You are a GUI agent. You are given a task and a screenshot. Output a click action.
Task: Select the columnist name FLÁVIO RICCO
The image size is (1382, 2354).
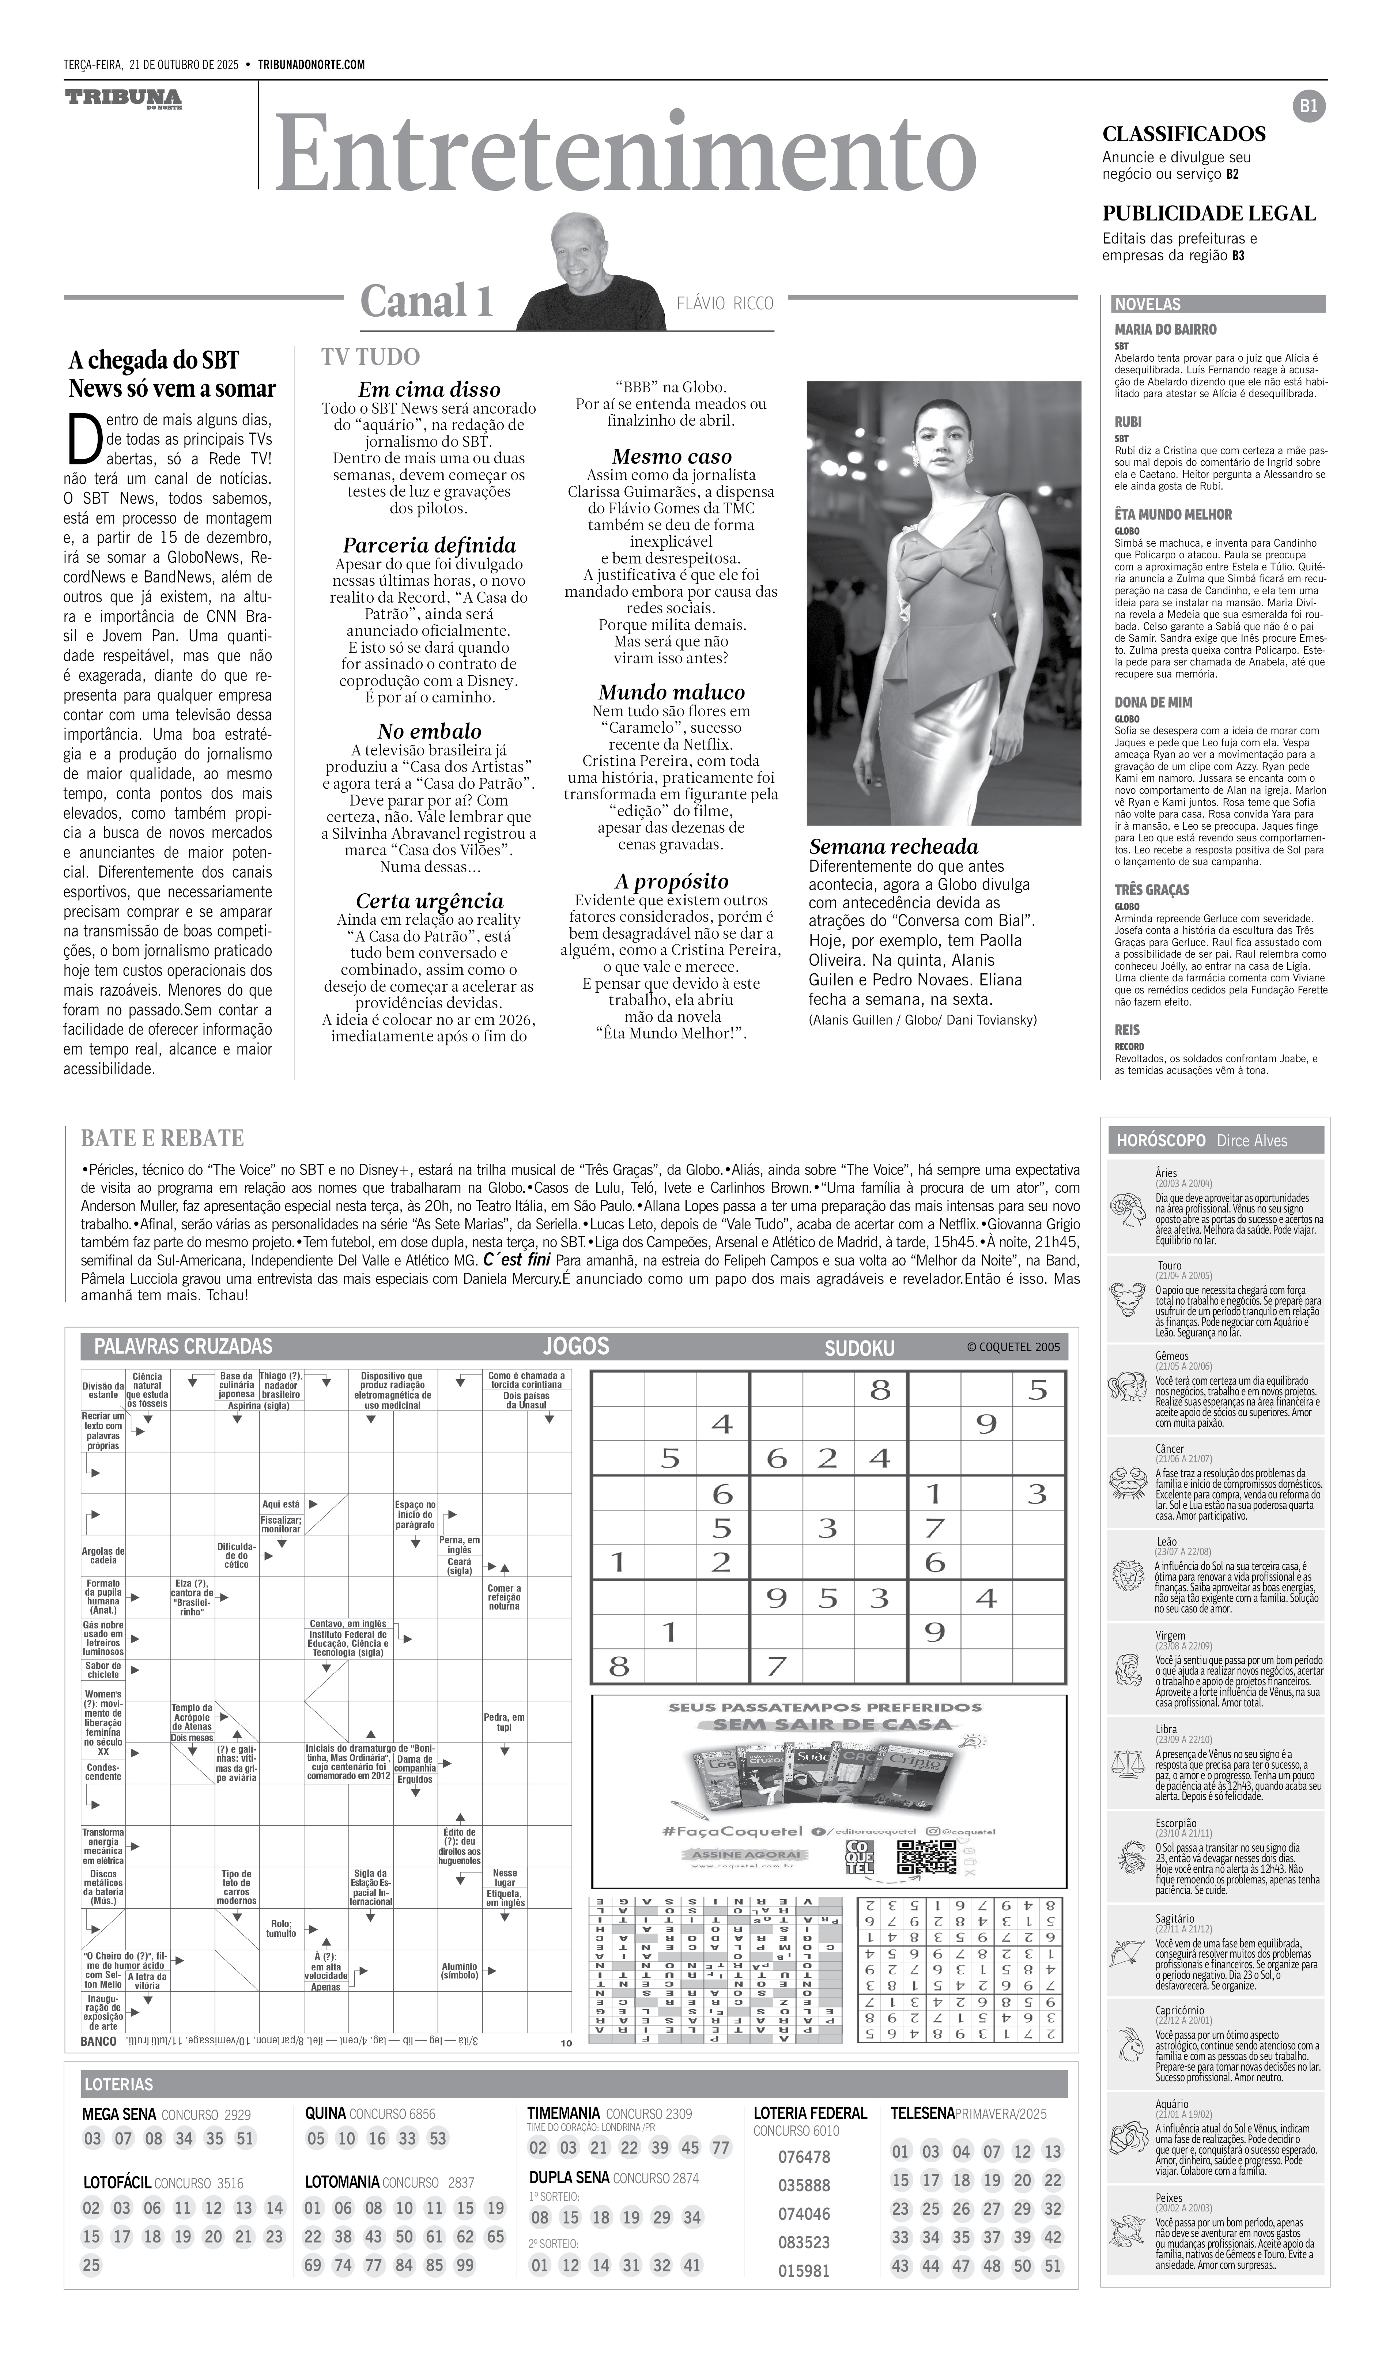point(725,303)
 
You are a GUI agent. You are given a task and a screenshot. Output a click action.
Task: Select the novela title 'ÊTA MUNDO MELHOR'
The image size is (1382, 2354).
point(1173,514)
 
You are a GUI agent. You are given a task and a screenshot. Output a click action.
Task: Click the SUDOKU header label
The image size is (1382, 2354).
point(859,1348)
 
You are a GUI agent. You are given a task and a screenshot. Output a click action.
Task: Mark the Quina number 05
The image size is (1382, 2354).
point(316,2138)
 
